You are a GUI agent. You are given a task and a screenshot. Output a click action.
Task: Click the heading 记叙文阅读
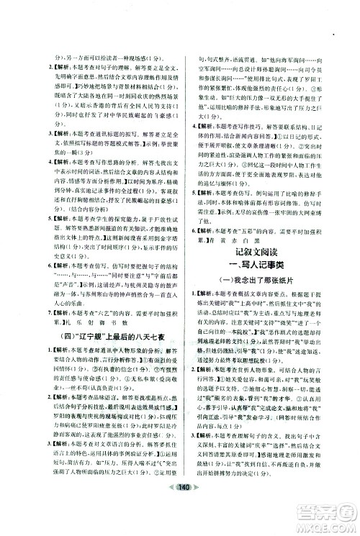(266, 254)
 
